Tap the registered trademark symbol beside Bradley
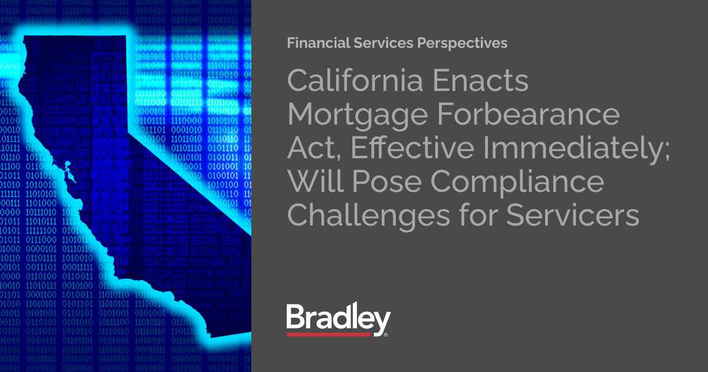pyautogui.click(x=386, y=334)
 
